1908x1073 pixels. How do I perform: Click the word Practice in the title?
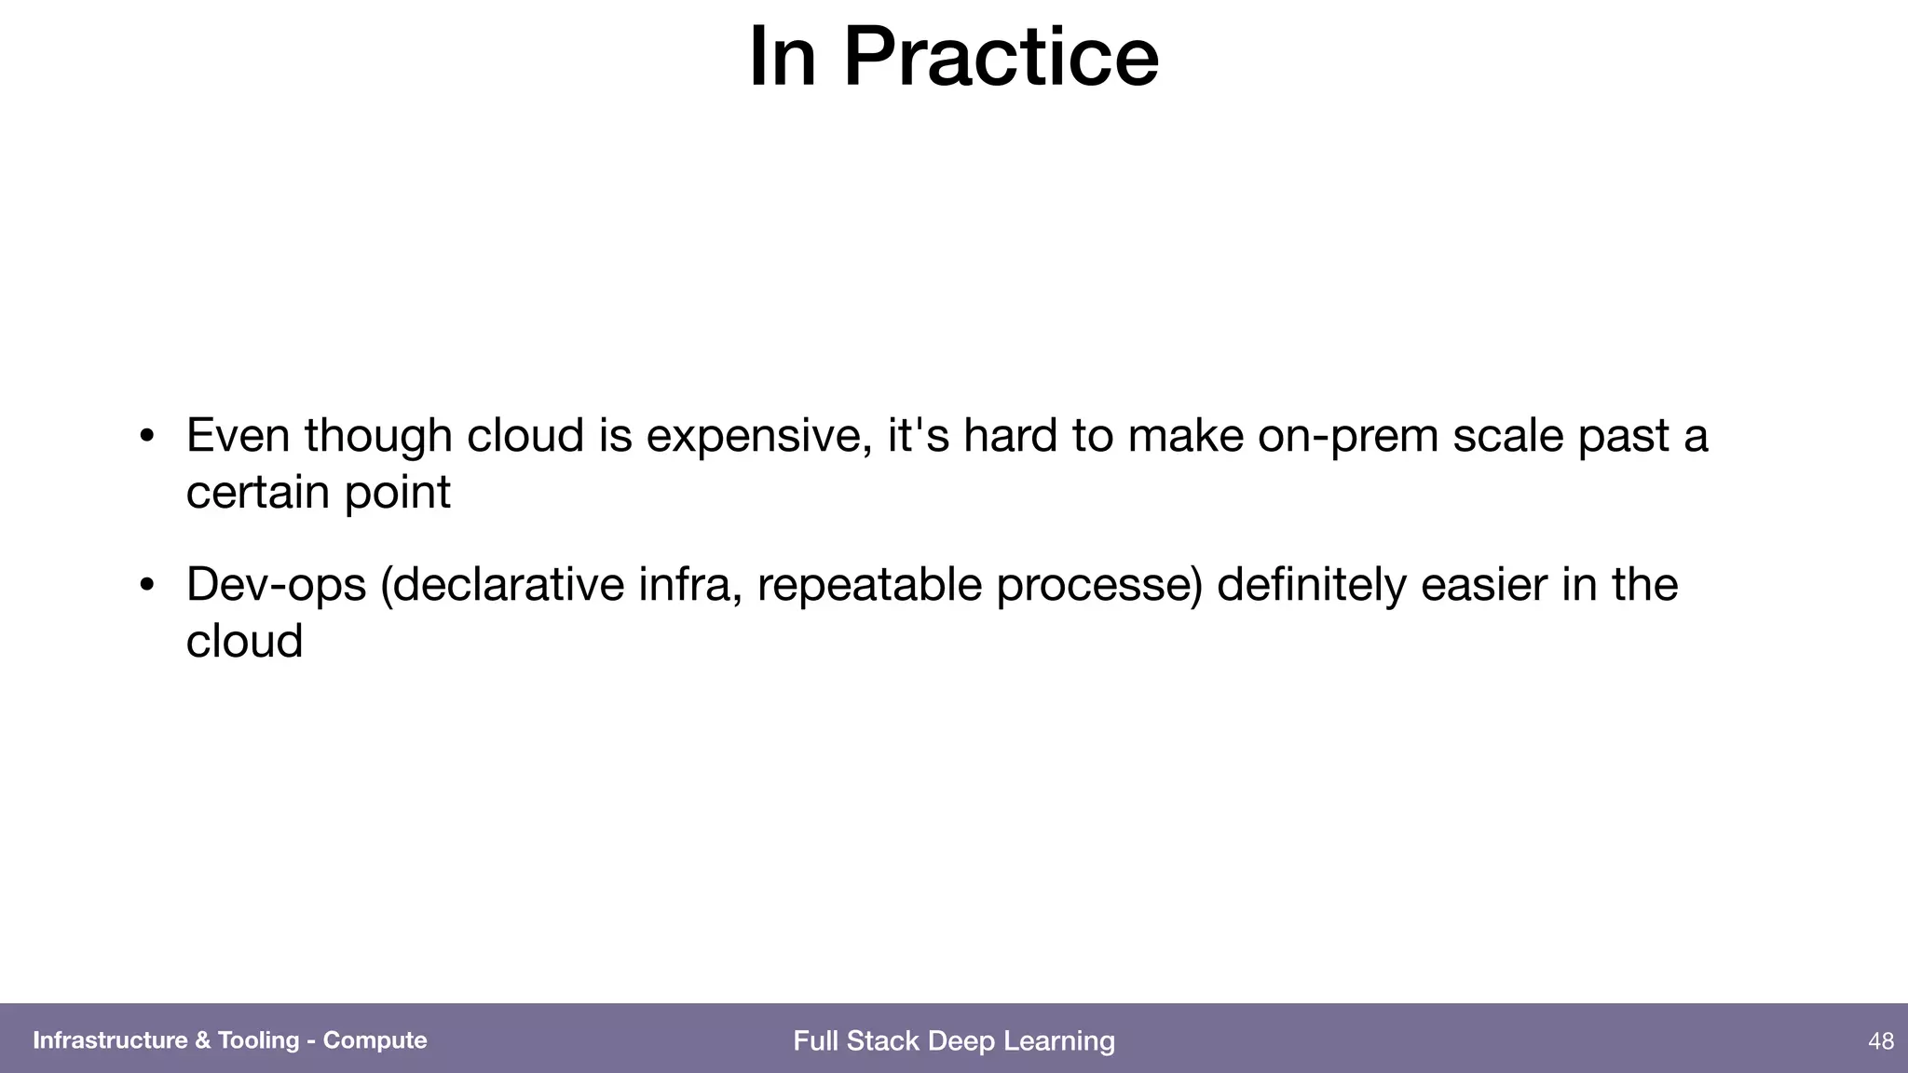(1001, 58)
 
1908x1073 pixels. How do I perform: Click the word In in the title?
(783, 58)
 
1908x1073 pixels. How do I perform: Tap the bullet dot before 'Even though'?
(146, 437)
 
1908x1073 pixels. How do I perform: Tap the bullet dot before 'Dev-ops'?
(146, 586)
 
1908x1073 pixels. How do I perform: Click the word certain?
(257, 492)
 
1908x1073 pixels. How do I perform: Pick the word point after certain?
(398, 494)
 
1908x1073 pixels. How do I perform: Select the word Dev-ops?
(276, 586)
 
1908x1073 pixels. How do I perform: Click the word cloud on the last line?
(244, 641)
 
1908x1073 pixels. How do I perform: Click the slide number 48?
(1880, 1041)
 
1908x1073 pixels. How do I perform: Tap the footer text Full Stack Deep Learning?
(953, 1040)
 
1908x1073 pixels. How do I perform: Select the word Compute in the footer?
(375, 1040)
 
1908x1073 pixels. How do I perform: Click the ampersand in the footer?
(202, 1040)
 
